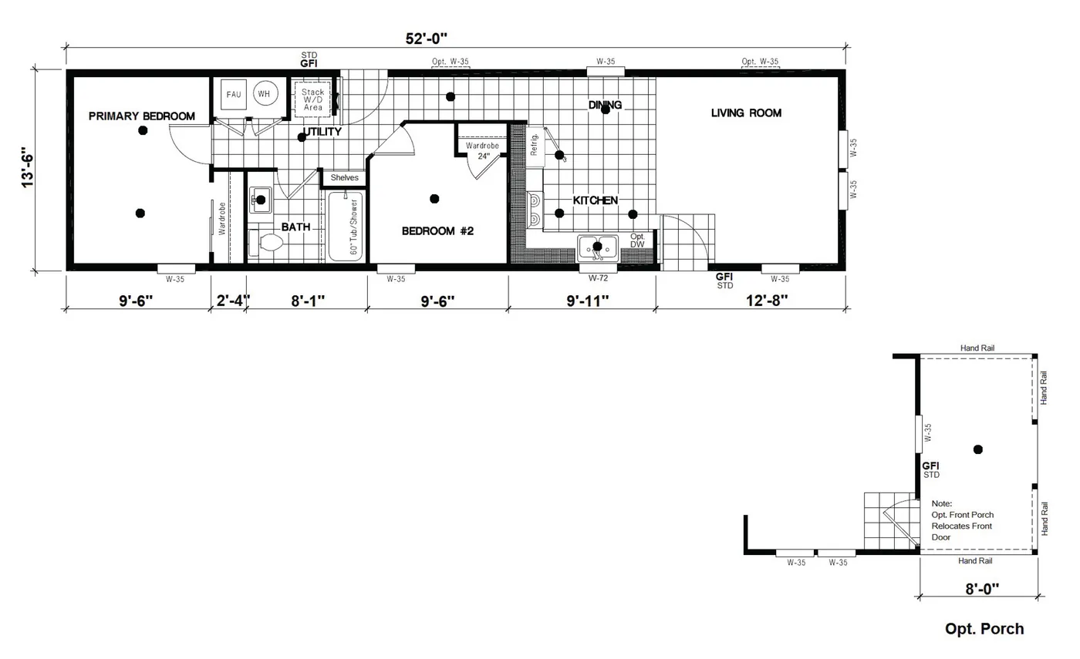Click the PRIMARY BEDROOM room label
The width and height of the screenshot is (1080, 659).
(x=141, y=116)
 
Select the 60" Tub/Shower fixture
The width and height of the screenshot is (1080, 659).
(x=345, y=227)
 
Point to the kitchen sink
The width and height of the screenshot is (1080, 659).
(x=597, y=247)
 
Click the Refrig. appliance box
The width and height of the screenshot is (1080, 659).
(x=535, y=146)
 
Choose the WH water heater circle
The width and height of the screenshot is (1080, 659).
(x=265, y=94)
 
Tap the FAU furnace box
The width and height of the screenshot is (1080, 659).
(x=233, y=94)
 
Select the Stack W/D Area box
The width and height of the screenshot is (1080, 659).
(x=312, y=99)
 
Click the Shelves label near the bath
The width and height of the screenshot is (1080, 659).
(x=344, y=178)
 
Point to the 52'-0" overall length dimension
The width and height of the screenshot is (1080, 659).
(x=427, y=38)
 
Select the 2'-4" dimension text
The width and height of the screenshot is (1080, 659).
(x=232, y=301)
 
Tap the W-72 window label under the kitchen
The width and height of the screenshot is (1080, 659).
(x=599, y=278)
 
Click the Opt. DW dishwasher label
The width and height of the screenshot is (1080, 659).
(x=637, y=240)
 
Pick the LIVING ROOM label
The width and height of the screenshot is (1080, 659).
(x=746, y=113)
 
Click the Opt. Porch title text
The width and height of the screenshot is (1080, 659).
(x=984, y=629)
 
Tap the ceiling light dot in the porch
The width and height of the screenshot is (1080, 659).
(x=978, y=449)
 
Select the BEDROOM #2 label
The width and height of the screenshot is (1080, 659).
(x=437, y=230)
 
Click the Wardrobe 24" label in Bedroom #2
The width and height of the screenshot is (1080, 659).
(x=482, y=150)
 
